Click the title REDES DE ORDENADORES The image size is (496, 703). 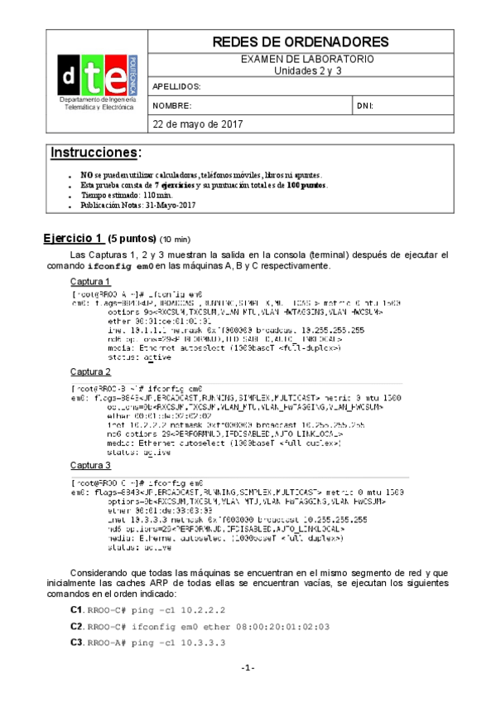tap(300, 42)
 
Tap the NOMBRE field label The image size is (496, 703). tap(172, 106)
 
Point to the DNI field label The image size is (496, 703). tap(365, 106)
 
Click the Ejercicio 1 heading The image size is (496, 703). tap(74, 238)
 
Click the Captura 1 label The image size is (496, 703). tap(90, 282)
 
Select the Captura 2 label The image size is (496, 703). tap(90, 371)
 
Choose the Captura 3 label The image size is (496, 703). tap(90, 465)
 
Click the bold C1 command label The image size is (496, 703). tap(77, 610)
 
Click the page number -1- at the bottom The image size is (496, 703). tap(248, 668)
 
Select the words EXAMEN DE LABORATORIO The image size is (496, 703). tap(307, 60)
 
